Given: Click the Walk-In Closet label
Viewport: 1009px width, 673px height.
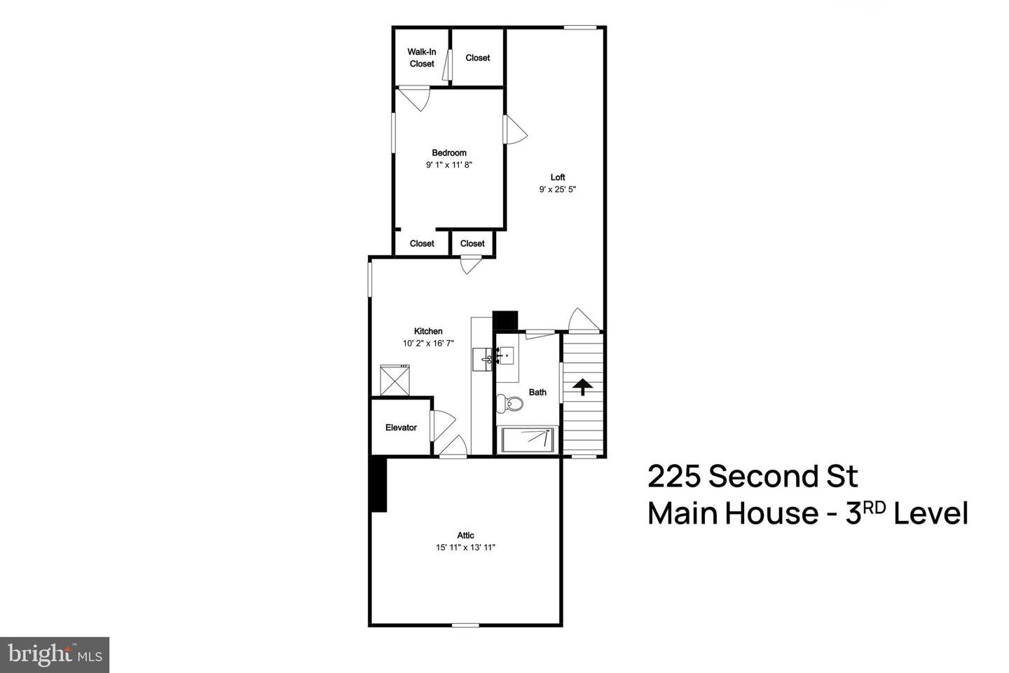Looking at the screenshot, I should pos(422,57).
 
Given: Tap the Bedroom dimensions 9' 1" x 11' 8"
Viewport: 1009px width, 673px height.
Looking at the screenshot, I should pos(449,165).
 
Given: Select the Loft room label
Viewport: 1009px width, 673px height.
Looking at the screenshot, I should pos(558,177).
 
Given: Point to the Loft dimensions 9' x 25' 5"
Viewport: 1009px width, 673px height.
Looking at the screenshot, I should pos(558,189).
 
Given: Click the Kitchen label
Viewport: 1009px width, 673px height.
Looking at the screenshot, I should pos(428,332).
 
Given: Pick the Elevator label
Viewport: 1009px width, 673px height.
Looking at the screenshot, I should pos(401,428).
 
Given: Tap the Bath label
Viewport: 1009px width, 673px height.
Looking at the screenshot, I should pos(537,393).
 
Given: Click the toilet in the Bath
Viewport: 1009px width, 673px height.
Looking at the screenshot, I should pos(511,404).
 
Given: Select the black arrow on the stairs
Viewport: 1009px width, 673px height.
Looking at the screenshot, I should pos(582,386).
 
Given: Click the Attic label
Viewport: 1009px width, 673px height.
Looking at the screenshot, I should pos(466,536).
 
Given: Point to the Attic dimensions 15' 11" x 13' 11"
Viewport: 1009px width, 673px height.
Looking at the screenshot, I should pos(465,548).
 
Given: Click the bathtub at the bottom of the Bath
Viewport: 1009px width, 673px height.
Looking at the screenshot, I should pos(528,440).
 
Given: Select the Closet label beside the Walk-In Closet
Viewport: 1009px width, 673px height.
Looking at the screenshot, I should pos(478,57).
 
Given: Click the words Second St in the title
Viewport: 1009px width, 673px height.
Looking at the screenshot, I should pos(783,477).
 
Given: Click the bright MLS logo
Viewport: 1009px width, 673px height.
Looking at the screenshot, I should pos(54,655).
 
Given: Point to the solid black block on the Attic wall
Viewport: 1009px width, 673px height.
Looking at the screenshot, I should pos(378,484).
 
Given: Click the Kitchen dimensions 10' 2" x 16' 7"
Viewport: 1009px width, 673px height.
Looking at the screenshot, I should pos(428,344).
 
